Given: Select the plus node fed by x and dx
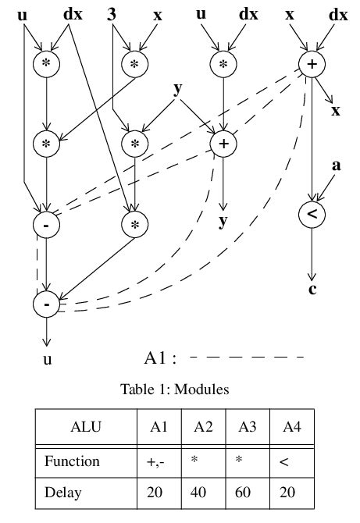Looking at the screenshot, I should tap(312, 65).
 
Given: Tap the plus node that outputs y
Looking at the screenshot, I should tap(223, 143).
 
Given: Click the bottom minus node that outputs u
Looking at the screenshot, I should tap(47, 304).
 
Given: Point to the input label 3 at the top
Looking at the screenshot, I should tap(112, 14).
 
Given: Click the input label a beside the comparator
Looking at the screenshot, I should tap(337, 165).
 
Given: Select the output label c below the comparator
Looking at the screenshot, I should tap(312, 292).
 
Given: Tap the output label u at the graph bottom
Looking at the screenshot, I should tap(47, 360).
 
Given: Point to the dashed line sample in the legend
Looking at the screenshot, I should tap(247, 358).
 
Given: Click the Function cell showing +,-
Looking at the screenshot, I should tap(159, 461).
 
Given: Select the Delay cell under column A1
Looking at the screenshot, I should tap(159, 493).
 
